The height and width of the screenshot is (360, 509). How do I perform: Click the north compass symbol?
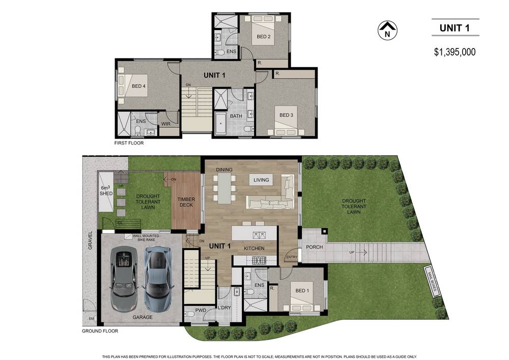pyautogui.click(x=387, y=31)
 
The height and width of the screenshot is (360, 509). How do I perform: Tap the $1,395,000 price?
pyautogui.click(x=455, y=52)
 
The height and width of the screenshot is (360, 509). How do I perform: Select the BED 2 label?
pyautogui.click(x=263, y=37)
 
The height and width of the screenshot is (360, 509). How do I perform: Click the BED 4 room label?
pyautogui.click(x=138, y=87)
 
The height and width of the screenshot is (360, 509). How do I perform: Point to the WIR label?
pyautogui.click(x=166, y=124)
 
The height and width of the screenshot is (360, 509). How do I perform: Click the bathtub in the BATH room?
pyautogui.click(x=221, y=123)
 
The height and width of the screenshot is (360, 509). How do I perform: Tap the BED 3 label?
pyautogui.click(x=286, y=115)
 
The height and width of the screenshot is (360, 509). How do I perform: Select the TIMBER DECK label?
pyautogui.click(x=186, y=202)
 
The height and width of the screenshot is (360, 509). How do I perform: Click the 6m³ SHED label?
pyautogui.click(x=106, y=190)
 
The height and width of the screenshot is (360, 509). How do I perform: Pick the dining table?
pyautogui.click(x=224, y=188)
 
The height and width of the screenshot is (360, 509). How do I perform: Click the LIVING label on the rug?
pyautogui.click(x=261, y=180)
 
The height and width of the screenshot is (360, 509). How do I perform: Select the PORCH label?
pyautogui.click(x=315, y=247)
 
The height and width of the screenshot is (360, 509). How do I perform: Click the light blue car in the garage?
pyautogui.click(x=157, y=279)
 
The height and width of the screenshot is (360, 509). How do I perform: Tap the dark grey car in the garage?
pyautogui.click(x=124, y=279)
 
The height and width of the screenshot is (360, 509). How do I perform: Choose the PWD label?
pyautogui.click(x=201, y=310)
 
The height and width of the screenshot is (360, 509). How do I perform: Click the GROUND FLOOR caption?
pyautogui.click(x=100, y=331)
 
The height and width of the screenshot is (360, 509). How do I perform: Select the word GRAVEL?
pyautogui.click(x=90, y=240)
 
